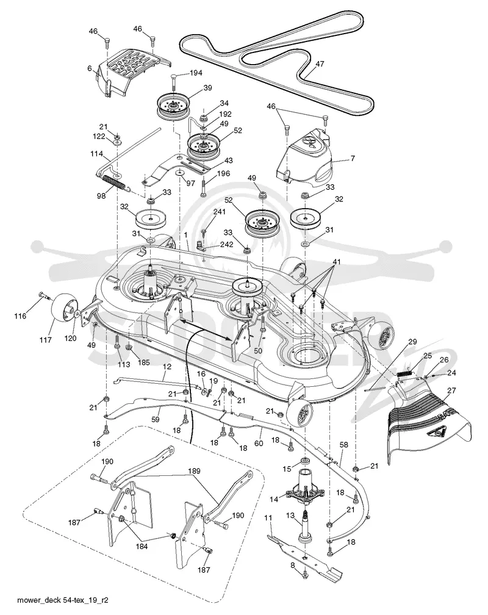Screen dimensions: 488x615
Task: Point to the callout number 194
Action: [x=196, y=73]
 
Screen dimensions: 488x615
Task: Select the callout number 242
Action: [x=227, y=244]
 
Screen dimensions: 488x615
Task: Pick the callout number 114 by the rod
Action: [x=96, y=154]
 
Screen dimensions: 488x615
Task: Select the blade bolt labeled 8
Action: [x=305, y=575]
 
